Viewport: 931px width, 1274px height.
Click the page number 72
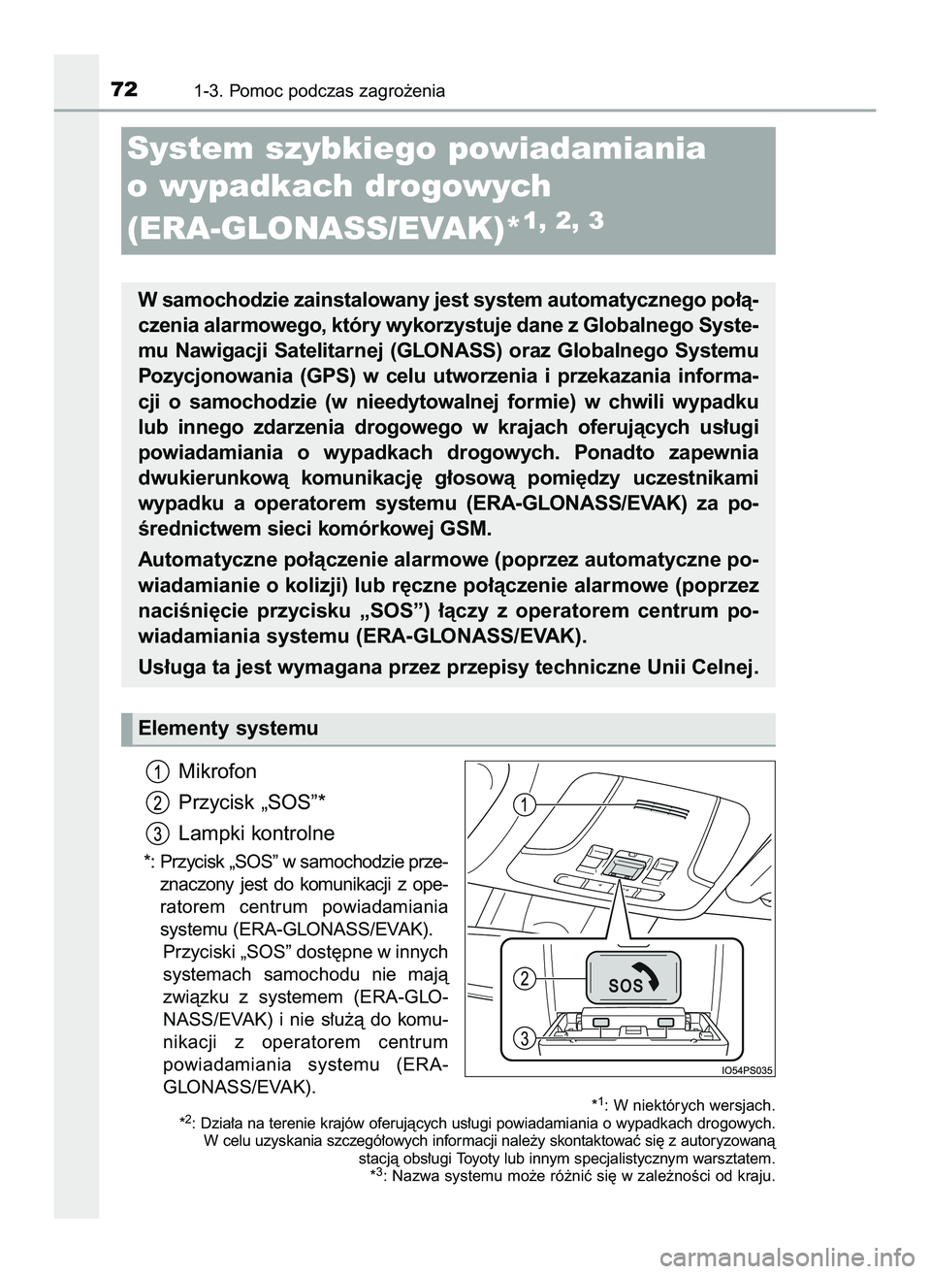[122, 90]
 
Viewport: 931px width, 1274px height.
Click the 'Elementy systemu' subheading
[228, 728]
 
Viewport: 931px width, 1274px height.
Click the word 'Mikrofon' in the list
[218, 771]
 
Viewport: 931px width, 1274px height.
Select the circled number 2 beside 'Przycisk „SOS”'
[155, 802]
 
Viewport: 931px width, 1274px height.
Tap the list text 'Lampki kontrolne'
[256, 833]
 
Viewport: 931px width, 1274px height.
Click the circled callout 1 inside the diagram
[524, 803]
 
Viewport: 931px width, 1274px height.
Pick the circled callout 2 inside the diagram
[524, 978]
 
